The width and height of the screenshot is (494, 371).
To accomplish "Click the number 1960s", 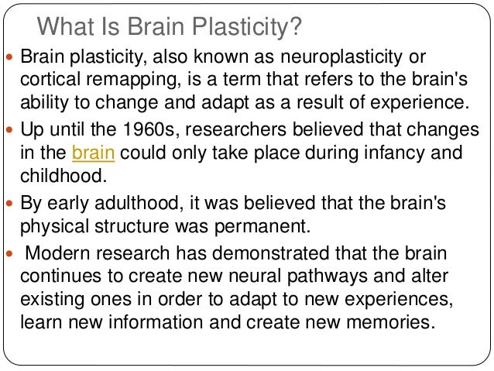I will point(161,129).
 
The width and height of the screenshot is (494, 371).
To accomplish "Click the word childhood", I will point(59,175).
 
